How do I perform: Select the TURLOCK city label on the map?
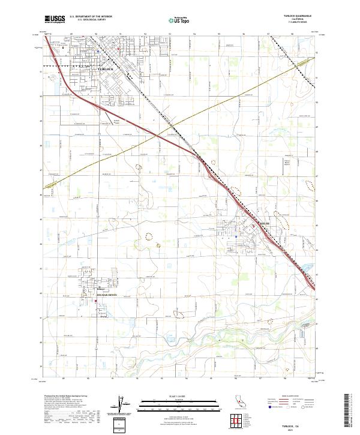(x=105, y=69)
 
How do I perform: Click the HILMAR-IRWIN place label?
(x=102, y=293)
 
